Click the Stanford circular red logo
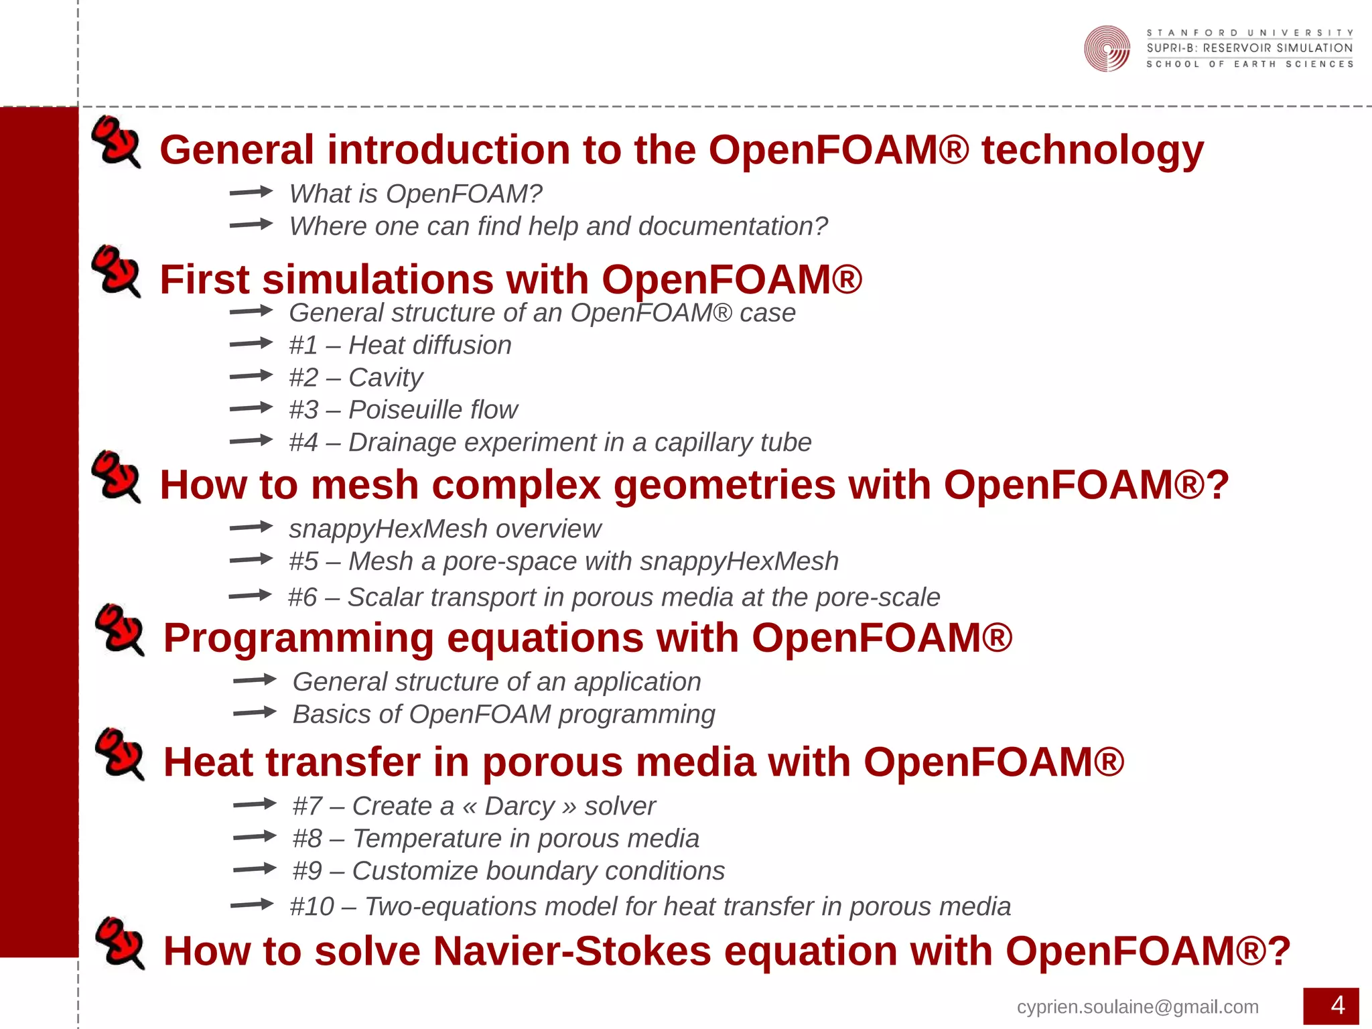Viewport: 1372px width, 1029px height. coord(1107,48)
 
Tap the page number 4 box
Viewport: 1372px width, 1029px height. coord(1330,1006)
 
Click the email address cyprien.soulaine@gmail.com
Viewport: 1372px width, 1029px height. coord(1137,1007)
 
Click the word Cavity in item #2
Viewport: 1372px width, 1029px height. coord(386,378)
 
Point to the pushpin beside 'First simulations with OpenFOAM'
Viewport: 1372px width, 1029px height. coord(116,271)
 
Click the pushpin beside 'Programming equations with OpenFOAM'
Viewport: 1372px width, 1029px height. coord(119,629)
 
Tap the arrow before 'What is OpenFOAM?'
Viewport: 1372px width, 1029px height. coord(251,192)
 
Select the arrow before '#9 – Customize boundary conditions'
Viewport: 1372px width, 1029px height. coord(255,870)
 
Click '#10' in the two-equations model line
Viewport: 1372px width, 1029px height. coord(312,907)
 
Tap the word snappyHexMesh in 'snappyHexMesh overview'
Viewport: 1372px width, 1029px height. coord(388,529)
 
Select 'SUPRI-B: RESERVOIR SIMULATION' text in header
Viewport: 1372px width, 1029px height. coord(1249,48)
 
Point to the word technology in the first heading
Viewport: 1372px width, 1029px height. coord(1092,150)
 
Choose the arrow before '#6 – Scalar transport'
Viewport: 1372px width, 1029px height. coord(249,596)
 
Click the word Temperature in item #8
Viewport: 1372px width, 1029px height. coord(427,839)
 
